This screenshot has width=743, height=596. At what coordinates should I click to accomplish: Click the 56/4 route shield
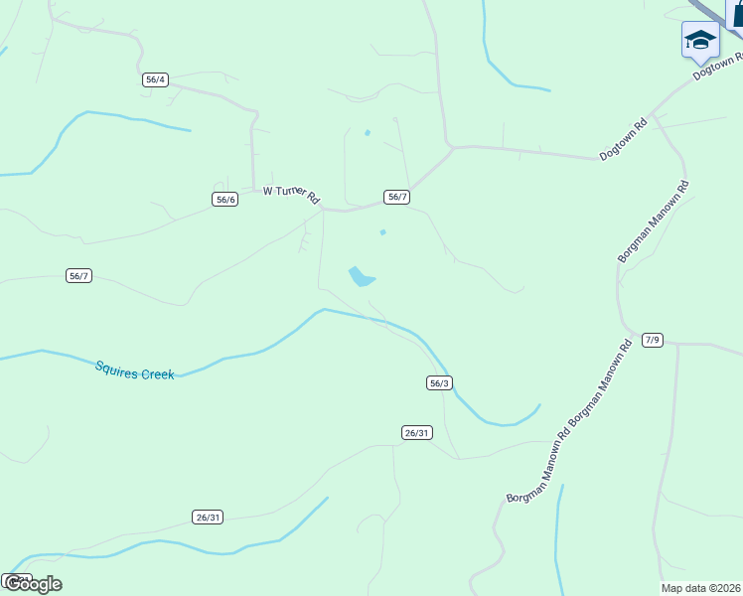(155, 79)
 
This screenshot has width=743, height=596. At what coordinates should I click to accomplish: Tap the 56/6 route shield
(225, 199)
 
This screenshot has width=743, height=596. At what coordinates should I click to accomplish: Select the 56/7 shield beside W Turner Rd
(397, 197)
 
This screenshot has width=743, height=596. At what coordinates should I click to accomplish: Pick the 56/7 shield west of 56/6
(79, 275)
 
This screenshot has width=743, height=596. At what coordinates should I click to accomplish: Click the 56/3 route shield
(440, 382)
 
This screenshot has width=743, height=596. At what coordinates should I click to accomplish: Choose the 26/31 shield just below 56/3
(417, 432)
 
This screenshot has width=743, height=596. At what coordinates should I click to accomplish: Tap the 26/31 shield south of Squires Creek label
(208, 517)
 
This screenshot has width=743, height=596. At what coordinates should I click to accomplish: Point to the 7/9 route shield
(652, 340)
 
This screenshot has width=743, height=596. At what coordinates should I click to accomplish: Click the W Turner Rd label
(291, 193)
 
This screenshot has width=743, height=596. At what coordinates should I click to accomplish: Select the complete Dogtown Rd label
(624, 140)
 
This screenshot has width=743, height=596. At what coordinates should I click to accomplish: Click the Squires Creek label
(135, 370)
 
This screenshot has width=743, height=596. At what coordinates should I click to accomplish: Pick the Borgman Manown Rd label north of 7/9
(654, 222)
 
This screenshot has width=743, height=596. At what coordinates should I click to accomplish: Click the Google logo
(32, 583)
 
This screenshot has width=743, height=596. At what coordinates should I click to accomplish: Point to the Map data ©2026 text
(701, 588)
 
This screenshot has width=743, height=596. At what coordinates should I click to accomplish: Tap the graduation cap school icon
(700, 40)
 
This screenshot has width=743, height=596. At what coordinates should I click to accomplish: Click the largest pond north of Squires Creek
(362, 276)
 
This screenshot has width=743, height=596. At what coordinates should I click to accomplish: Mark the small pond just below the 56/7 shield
(382, 232)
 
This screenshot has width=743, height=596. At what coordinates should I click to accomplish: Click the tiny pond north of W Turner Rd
(368, 132)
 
